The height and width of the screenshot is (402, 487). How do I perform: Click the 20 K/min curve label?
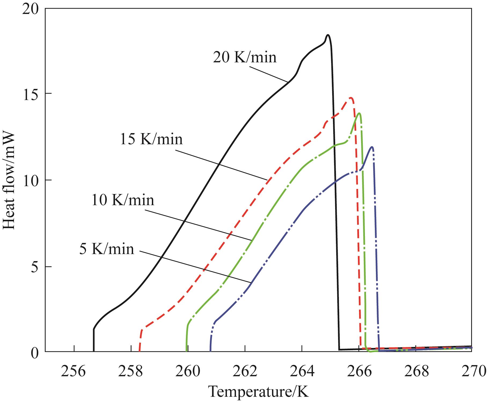244,57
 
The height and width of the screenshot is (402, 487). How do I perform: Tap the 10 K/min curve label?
123,200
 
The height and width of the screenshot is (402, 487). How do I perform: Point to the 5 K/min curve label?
107,249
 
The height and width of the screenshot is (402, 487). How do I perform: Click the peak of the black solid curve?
328,35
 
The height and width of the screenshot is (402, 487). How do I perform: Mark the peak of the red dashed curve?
351,98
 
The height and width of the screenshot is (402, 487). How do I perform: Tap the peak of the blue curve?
372,147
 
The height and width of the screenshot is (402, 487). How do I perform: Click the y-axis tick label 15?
31,94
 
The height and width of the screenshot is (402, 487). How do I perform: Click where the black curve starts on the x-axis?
94,351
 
